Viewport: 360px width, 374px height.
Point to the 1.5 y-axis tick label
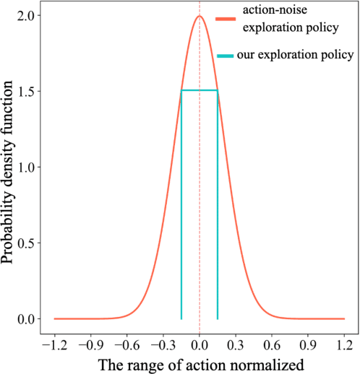coord(25,92)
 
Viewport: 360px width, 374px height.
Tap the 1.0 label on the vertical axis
coord(25,168)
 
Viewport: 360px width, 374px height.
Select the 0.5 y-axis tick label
coord(25,243)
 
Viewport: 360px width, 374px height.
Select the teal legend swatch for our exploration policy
coord(226,55)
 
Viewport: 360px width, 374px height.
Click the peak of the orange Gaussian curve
coord(199,17)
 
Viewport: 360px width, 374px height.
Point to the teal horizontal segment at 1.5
coord(199,90)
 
